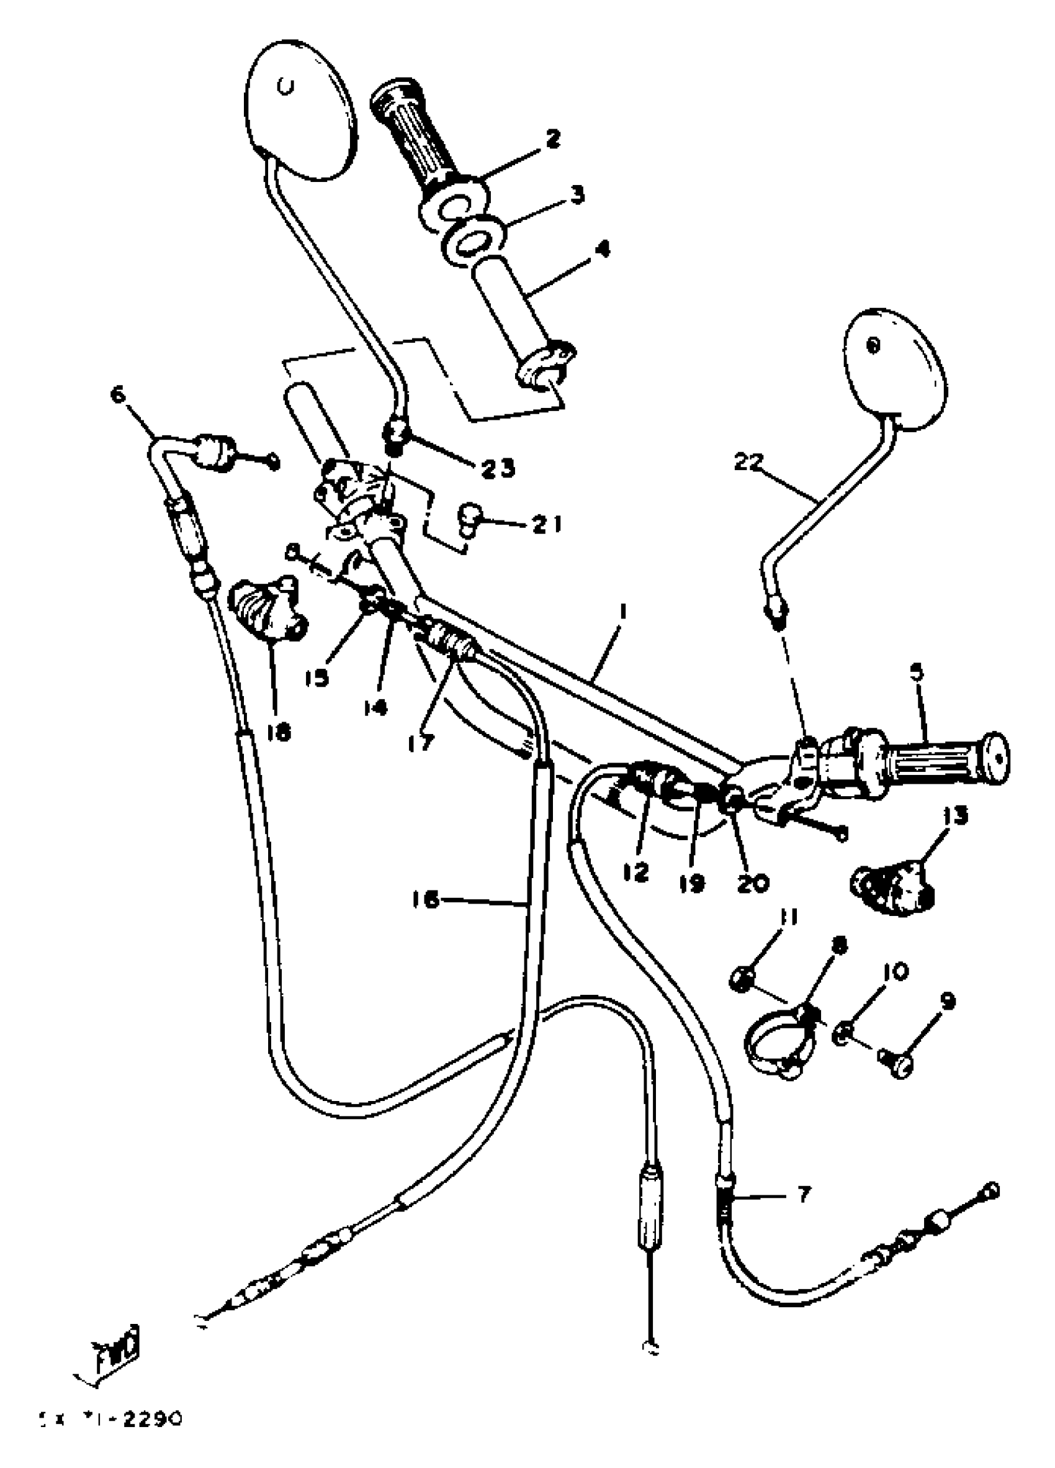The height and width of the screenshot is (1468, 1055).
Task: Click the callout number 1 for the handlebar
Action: tap(622, 611)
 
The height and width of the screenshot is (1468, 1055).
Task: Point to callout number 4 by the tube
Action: tap(601, 249)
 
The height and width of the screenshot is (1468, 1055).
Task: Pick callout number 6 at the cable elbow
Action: tap(119, 394)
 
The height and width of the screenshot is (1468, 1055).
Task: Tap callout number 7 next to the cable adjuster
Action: tap(803, 1194)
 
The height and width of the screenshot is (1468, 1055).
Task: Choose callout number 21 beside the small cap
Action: tap(547, 523)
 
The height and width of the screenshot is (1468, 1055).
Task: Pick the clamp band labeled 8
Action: tap(780, 1047)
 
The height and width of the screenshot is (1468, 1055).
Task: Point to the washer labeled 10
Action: tap(843, 1035)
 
